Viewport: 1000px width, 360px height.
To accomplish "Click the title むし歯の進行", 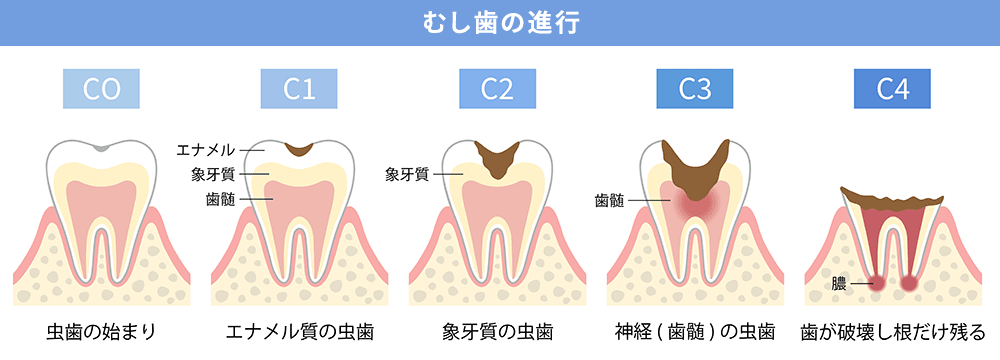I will [499, 21].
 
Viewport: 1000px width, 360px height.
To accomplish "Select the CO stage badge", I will [101, 89].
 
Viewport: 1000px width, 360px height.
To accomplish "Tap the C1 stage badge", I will [299, 89].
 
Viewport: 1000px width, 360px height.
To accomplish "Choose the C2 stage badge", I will [497, 89].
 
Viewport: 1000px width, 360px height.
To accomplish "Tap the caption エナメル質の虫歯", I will [300, 330].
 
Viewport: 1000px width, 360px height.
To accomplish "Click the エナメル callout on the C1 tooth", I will [205, 150].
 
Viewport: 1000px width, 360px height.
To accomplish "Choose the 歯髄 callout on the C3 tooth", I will [609, 200].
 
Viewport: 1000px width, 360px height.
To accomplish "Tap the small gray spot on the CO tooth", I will [101, 147].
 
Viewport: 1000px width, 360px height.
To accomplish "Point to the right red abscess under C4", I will [909, 283].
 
